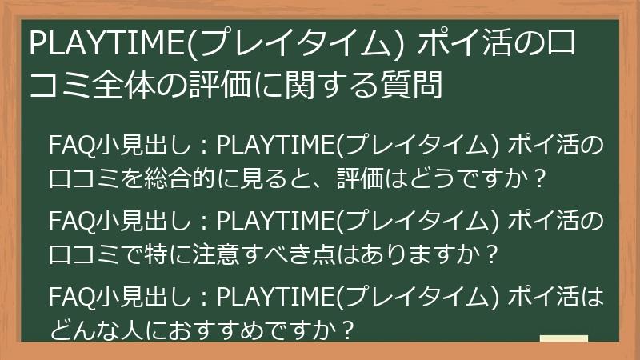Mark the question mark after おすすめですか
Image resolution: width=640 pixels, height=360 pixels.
pos(346,330)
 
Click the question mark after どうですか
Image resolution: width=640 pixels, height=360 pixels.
pos(541,178)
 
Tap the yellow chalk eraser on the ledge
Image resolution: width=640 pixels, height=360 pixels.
pos(563,339)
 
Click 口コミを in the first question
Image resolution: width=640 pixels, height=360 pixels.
pos(90,178)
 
